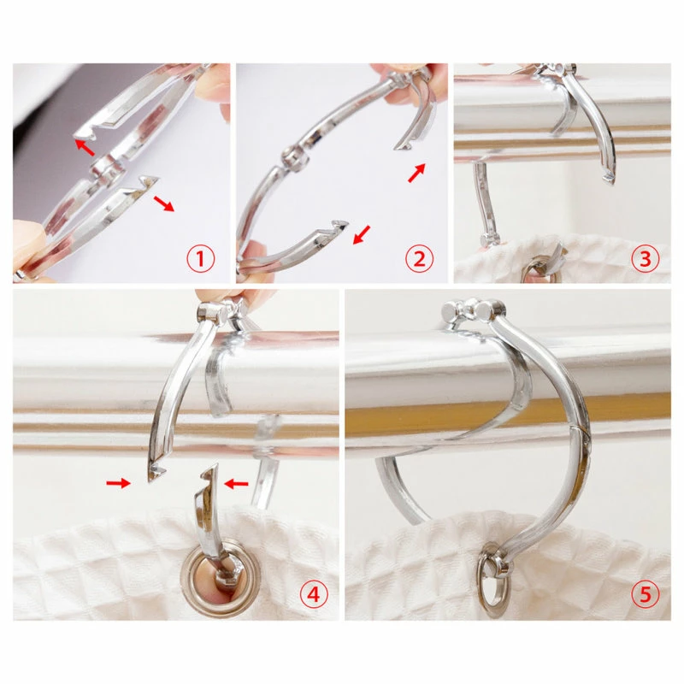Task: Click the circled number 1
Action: click(201, 257)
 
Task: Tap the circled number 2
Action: click(419, 257)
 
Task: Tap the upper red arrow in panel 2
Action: click(416, 174)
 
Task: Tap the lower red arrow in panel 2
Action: click(362, 233)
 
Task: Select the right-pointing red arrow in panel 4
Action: click(118, 484)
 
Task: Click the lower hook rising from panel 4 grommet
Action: click(208, 504)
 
